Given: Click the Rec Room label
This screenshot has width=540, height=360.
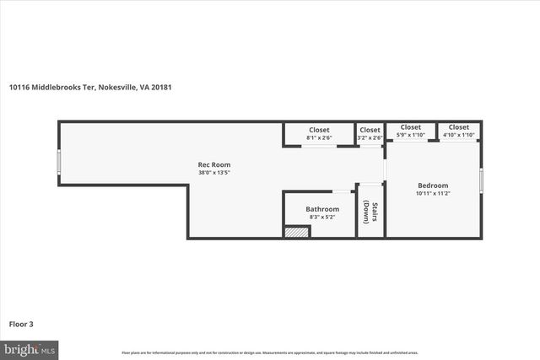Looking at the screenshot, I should pos(214,164).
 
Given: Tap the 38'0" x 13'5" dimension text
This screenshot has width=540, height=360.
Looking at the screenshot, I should pos(214,173).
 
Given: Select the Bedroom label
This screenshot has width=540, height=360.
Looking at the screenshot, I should pos(433,185).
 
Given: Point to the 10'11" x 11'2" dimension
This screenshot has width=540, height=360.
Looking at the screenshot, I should pos(433,194).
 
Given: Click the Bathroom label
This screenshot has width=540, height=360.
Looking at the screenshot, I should pos(322,209).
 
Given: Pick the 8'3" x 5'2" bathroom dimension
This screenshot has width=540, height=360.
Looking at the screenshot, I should pos(322,218).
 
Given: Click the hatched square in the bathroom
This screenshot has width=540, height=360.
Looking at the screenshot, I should pos(297,232).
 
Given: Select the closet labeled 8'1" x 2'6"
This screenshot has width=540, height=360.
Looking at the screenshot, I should pos(318,133).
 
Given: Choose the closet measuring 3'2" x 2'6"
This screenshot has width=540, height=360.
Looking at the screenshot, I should pos(370,133).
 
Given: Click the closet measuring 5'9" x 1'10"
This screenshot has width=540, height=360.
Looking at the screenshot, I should pos(410,131).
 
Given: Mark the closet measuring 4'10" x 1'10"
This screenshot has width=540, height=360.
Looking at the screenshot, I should pos(459,131).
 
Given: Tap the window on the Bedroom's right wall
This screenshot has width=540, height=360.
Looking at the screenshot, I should pos(481,180).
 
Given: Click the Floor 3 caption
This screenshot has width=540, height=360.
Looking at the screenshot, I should pos(21,323).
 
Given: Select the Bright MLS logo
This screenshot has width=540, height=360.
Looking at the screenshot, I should pos(29,348).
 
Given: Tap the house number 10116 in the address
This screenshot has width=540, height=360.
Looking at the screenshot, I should pos(19,86).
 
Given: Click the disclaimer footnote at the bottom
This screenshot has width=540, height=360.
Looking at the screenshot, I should pos(269,352).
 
